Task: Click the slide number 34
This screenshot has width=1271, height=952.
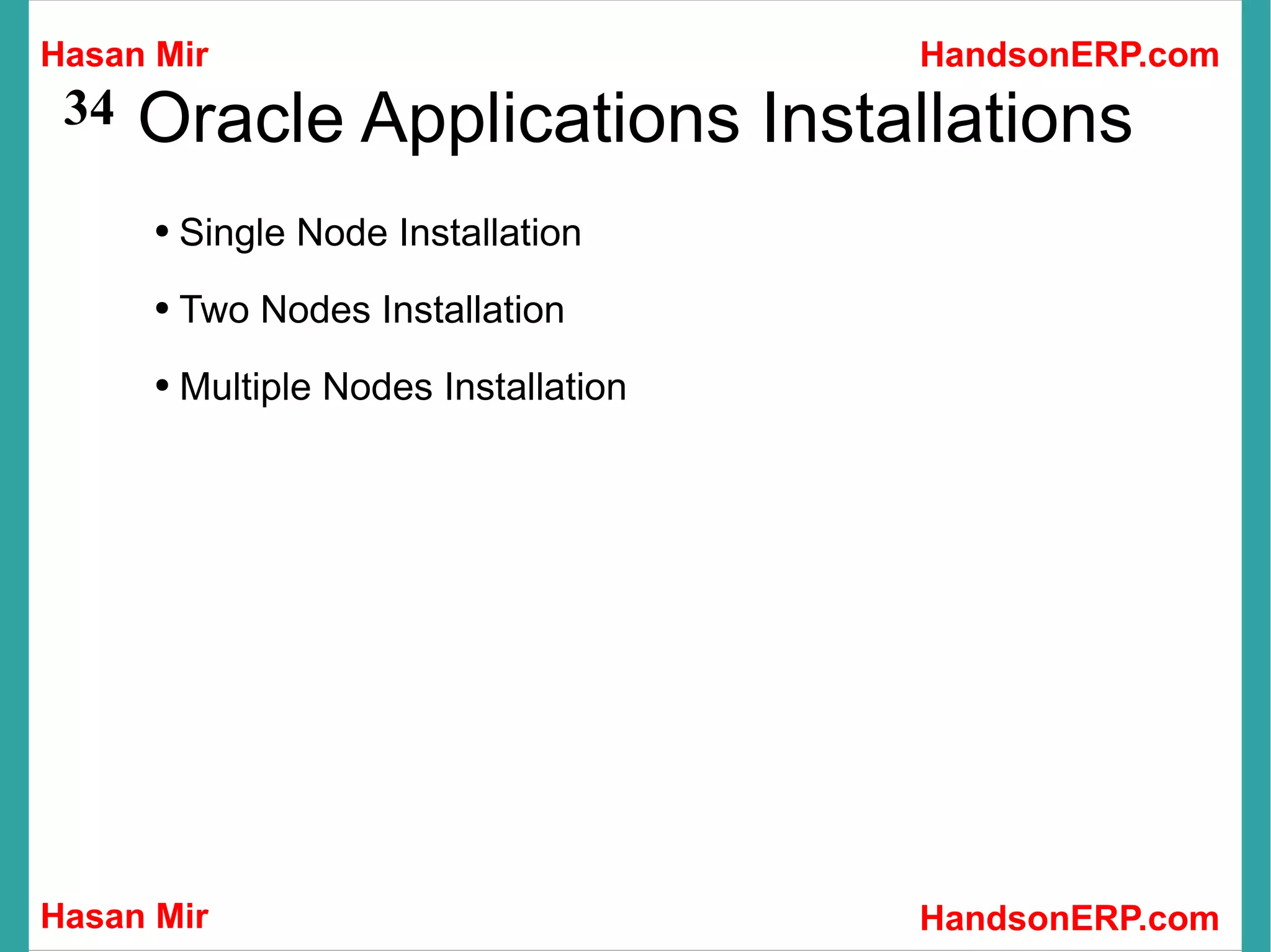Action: point(89,108)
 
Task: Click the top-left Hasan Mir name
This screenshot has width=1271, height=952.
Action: point(124,55)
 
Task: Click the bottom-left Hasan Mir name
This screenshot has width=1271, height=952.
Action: point(124,916)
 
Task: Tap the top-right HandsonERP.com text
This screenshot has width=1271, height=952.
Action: point(1069,55)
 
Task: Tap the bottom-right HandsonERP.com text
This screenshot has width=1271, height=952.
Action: point(1069,918)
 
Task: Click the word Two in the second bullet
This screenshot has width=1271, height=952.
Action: point(213,309)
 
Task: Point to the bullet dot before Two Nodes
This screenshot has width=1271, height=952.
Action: point(163,308)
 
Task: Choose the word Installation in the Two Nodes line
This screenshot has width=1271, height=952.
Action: point(473,309)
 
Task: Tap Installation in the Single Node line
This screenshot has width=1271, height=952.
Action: point(490,233)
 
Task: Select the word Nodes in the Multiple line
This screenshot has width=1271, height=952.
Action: point(377,387)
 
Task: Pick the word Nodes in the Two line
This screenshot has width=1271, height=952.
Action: point(315,309)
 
